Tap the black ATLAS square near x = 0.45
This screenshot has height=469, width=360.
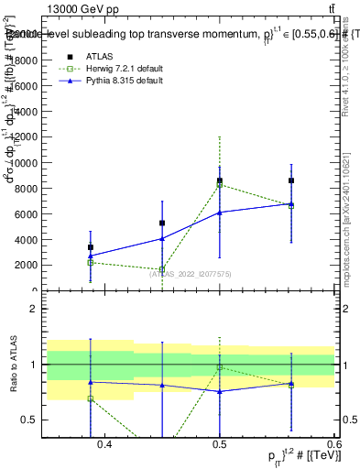[x=162, y=223]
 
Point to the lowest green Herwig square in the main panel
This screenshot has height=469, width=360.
[x=162, y=270]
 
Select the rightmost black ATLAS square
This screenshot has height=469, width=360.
[x=291, y=180]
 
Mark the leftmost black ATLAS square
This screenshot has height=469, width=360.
[x=91, y=247]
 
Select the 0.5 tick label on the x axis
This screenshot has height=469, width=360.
[x=220, y=445]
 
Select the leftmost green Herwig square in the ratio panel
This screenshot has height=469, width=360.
[x=91, y=398]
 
